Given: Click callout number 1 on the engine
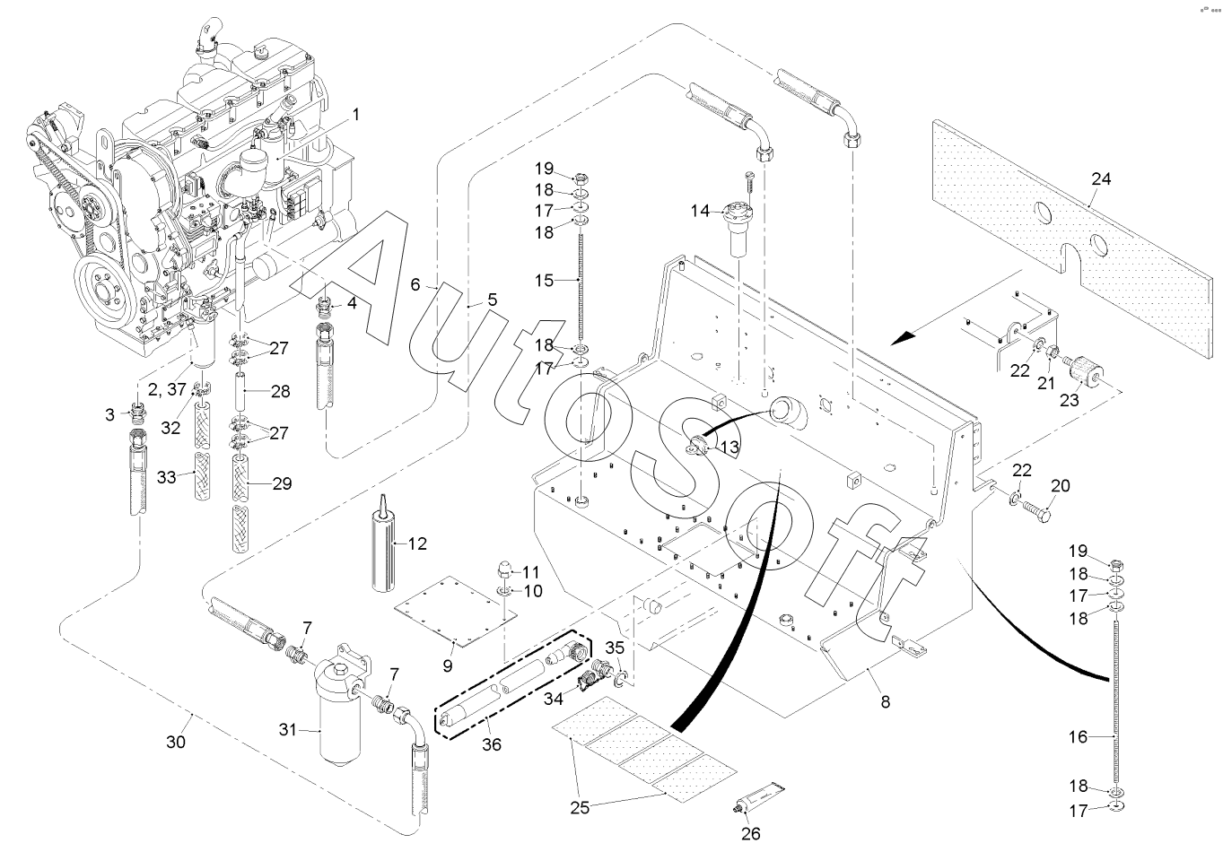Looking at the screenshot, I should pyautogui.click(x=355, y=115).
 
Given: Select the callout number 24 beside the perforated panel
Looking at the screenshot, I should pyautogui.click(x=1101, y=179).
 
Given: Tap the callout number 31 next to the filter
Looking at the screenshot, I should pyautogui.click(x=287, y=730).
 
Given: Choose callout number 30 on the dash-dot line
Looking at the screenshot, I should pyautogui.click(x=176, y=743).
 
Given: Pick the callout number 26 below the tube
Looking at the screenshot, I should pyautogui.click(x=750, y=833).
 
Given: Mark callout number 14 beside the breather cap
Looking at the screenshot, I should pyautogui.click(x=700, y=212).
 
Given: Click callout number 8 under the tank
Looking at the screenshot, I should pyautogui.click(x=885, y=702).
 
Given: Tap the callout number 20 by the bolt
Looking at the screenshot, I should pyautogui.click(x=1061, y=486).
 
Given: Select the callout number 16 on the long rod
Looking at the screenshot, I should pyautogui.click(x=1077, y=736).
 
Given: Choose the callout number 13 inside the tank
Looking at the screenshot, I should pyautogui.click(x=729, y=447).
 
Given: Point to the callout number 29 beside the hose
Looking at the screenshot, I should pyautogui.click(x=282, y=484).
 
